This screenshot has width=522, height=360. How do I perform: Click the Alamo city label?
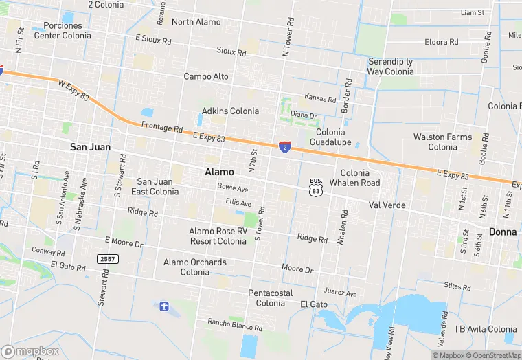click(219, 171)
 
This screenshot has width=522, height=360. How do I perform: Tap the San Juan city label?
click(90, 147)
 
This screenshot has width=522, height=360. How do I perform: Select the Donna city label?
click(503, 232)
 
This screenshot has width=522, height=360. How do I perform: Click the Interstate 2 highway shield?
click(284, 146)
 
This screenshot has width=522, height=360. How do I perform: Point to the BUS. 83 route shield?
click(315, 188)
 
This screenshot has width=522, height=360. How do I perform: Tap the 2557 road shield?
click(106, 258)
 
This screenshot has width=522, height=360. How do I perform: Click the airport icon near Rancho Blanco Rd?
click(163, 306)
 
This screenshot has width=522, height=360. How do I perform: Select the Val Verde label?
click(387, 205)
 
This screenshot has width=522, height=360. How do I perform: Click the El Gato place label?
click(313, 304)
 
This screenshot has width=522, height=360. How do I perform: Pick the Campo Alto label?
click(206, 76)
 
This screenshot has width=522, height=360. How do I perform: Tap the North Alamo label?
click(196, 22)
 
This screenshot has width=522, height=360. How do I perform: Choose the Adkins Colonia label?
click(230, 111)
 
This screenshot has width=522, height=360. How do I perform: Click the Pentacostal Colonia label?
click(271, 298)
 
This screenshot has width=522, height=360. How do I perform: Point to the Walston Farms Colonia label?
click(442, 142)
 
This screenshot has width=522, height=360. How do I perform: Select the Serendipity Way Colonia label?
click(390, 66)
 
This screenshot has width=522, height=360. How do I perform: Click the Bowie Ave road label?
click(232, 188)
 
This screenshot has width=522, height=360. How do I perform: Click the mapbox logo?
click(30, 351)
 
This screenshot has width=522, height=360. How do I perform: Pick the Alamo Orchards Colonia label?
click(195, 267)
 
